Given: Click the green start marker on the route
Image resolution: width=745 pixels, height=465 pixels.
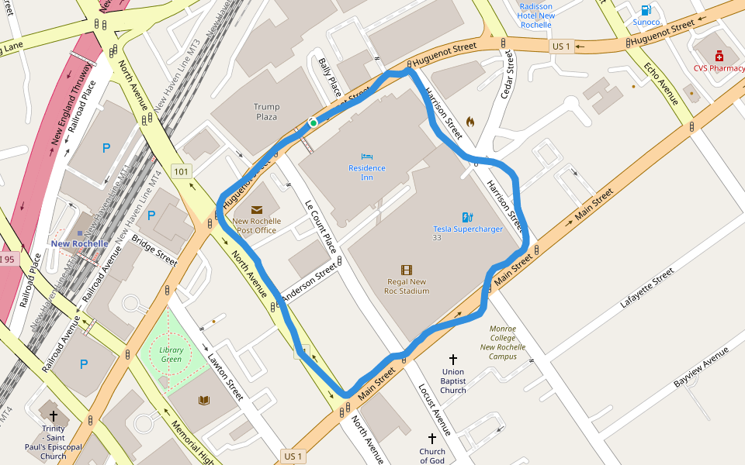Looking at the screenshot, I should click(x=313, y=122).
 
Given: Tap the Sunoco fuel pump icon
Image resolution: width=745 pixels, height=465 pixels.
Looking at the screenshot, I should click(x=646, y=10).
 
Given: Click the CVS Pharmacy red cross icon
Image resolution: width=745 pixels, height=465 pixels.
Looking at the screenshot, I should click(x=719, y=56).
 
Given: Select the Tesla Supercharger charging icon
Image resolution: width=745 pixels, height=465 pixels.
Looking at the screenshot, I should click(x=467, y=217).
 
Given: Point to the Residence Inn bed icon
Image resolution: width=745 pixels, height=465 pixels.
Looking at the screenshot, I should click(x=367, y=157).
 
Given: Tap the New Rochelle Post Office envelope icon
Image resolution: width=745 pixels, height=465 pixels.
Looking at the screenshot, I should click(x=256, y=209).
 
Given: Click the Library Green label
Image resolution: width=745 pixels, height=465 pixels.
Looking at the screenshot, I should click(x=171, y=354).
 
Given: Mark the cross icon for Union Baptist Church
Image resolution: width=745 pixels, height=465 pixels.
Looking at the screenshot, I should click(x=453, y=360).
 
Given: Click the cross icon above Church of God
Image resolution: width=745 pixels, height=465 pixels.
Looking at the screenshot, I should click(x=432, y=439).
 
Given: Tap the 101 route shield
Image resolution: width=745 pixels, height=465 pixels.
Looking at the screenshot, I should click(x=182, y=171).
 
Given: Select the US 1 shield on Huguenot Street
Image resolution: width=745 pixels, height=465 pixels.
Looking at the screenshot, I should click(x=561, y=46).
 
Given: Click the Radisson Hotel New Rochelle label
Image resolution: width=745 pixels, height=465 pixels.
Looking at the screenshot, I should click(x=535, y=15).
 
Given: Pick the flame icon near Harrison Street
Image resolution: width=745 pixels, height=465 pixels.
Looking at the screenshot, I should click(x=470, y=122).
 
